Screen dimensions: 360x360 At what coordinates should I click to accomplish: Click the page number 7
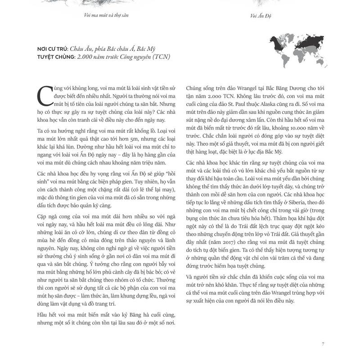click(323, 344)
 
